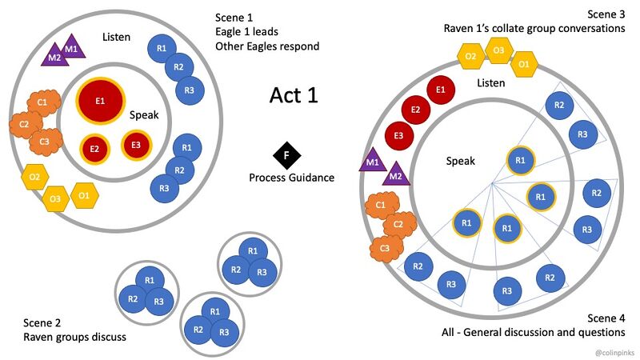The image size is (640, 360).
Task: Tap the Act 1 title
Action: click(x=294, y=95)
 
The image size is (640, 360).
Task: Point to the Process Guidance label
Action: click(x=291, y=178)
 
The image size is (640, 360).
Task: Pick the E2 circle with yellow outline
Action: click(x=94, y=148)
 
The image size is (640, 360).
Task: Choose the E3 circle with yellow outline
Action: click(x=135, y=145)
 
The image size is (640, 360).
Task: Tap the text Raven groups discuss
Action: click(x=74, y=337)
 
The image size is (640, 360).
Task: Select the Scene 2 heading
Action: click(x=43, y=322)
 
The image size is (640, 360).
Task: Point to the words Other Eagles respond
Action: click(x=267, y=46)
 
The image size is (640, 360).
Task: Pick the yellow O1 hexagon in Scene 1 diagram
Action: click(x=85, y=194)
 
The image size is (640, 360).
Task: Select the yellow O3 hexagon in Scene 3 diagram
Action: click(x=498, y=53)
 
